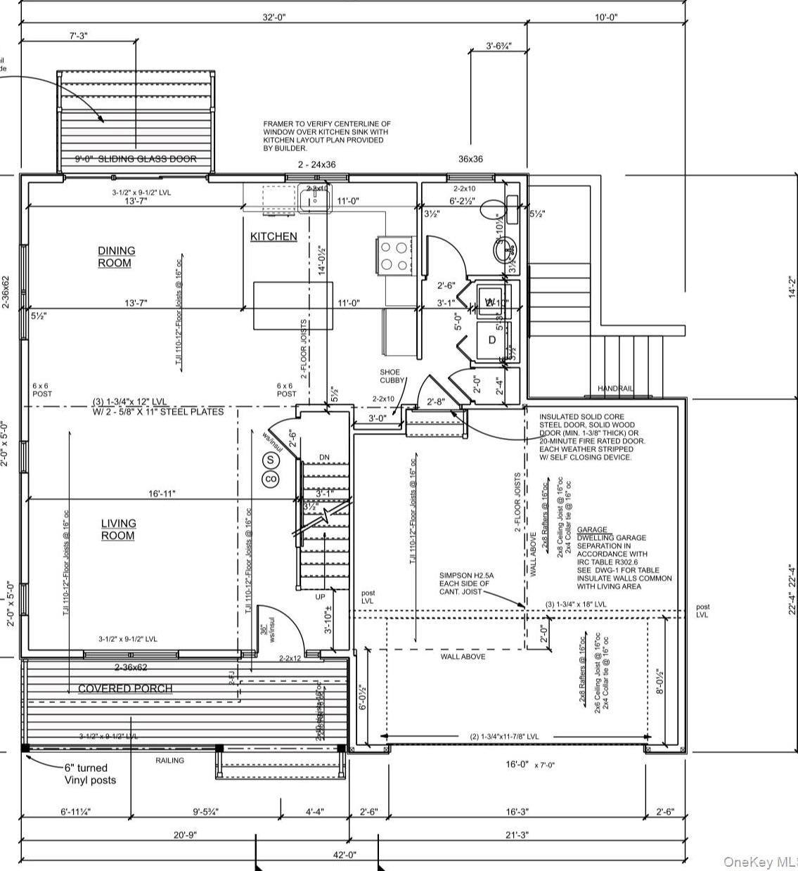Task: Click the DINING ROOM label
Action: pos(117,257)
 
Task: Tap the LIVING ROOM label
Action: pos(118,529)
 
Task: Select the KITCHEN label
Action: pos(273,237)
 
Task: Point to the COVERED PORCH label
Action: pos(125,688)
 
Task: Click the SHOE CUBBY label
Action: pos(390,376)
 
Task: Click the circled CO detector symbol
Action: pos(271,479)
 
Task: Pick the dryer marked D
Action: pos(492,340)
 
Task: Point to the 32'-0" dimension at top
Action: pos(275,17)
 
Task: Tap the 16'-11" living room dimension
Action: pos(162,494)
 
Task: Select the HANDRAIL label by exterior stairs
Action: pos(615,389)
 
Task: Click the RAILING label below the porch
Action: pos(169,760)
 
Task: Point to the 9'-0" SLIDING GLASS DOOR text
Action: pos(136,159)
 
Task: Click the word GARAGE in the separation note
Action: pos(592,529)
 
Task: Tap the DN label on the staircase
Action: pos(324,457)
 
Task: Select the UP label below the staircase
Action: pos(320,596)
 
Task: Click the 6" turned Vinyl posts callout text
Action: pos(91,774)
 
